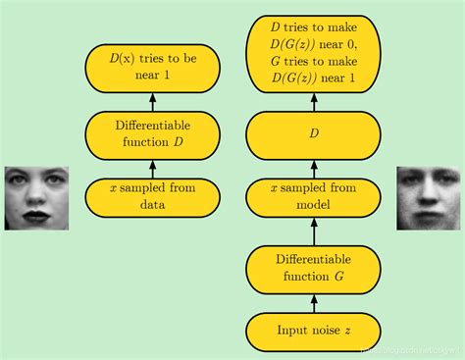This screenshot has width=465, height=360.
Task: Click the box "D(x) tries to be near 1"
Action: point(152,68)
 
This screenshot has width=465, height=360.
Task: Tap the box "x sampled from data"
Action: point(152,196)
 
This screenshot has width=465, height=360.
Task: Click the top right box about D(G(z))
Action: point(314,54)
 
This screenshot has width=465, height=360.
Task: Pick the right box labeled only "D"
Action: point(314,132)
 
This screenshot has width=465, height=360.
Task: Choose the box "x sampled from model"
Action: point(314,196)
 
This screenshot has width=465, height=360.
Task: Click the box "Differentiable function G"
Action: point(314,268)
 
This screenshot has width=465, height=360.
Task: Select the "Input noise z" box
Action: point(314,331)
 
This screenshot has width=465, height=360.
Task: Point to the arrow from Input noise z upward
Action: point(314,302)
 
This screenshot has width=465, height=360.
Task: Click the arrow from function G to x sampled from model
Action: point(314,231)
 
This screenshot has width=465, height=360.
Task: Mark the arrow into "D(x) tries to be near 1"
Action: point(152,101)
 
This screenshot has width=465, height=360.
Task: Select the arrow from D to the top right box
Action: point(314,101)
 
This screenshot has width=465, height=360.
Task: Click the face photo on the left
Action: point(36,197)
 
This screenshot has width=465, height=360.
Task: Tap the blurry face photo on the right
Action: point(429,197)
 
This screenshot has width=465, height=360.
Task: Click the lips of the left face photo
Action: point(37,213)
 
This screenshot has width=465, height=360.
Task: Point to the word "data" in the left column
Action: point(152,206)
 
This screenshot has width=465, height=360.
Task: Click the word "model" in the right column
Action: point(314,206)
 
